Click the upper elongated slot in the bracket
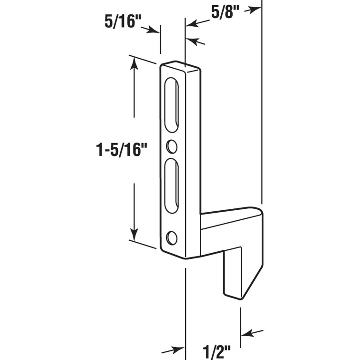[172, 106]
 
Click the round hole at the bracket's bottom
[172, 237]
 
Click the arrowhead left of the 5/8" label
[189, 22]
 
